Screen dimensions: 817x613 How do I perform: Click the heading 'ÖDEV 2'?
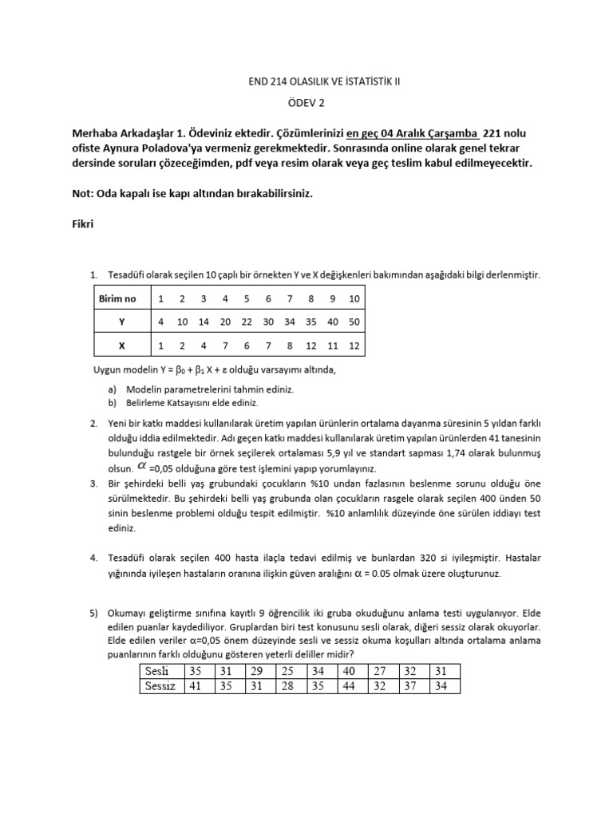coord(306,102)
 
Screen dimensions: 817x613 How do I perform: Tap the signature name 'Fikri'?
coord(83,224)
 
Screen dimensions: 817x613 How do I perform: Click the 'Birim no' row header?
coord(117,299)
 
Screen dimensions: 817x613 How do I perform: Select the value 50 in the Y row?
coord(354,322)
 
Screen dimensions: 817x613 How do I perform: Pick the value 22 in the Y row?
coord(247,322)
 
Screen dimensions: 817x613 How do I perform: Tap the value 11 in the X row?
coord(333,346)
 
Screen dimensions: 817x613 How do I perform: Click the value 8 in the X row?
coord(290,346)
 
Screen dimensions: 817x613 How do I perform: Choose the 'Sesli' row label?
coord(156,671)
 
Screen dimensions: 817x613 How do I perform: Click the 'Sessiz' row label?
coord(158,685)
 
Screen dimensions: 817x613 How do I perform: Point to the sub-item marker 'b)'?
coord(112,404)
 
